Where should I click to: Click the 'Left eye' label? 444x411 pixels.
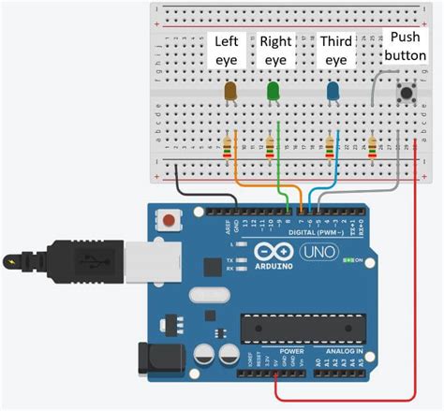(229, 51)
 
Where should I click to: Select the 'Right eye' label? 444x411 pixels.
(275, 51)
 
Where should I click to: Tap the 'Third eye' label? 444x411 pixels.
(334, 51)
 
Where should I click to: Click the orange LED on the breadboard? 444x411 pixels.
(230, 91)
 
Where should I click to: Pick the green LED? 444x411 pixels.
(274, 91)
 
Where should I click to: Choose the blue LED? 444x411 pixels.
(333, 91)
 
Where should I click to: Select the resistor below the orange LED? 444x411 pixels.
(227, 147)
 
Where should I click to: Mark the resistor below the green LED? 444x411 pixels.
(271, 147)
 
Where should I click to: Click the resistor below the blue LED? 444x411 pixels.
(329, 147)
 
